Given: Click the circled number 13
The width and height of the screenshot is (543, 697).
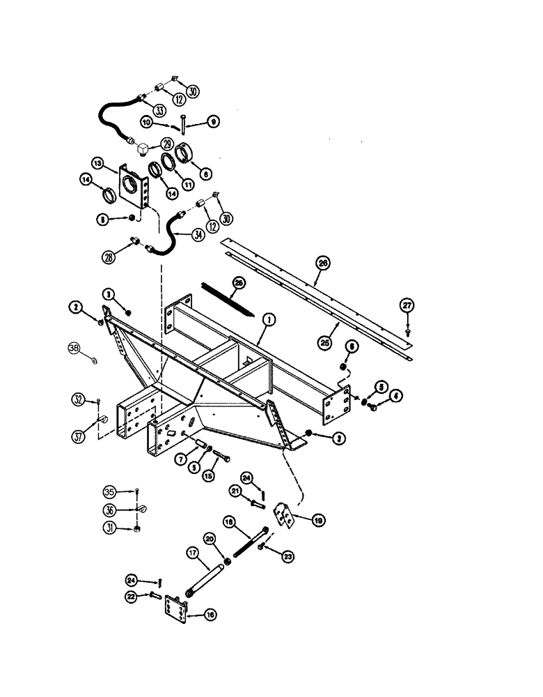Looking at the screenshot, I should pyautogui.click(x=99, y=164).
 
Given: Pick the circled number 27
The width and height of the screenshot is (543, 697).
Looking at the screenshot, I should pyautogui.click(x=406, y=305).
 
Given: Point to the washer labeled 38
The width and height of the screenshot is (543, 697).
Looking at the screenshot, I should pyautogui.click(x=94, y=360).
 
